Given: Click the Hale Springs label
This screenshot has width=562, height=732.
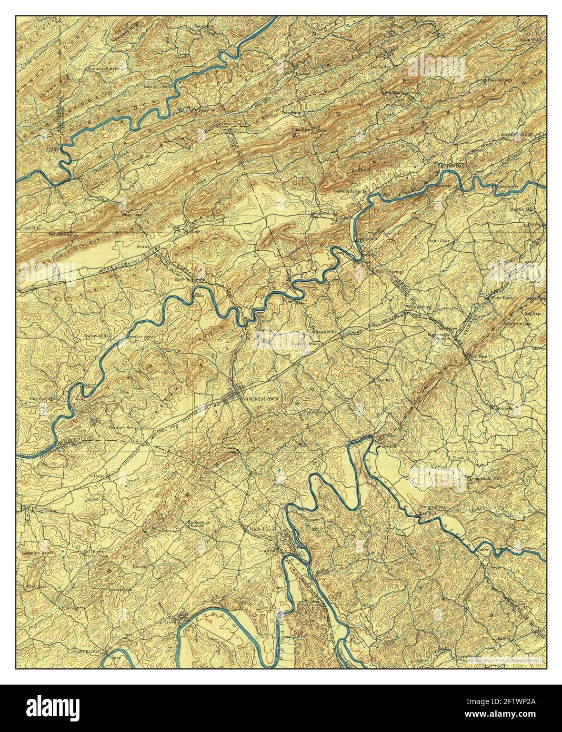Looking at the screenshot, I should pyautogui.click(x=499, y=80).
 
